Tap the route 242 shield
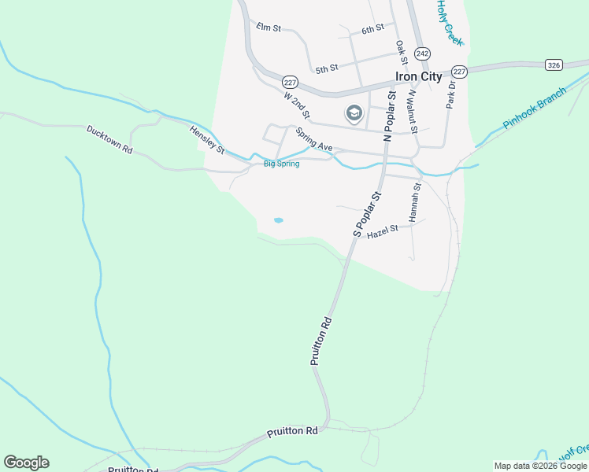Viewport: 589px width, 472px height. (x=423, y=53)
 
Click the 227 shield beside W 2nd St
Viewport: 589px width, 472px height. (x=290, y=82)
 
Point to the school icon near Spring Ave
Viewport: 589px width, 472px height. (x=354, y=114)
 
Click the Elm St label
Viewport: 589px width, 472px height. (x=269, y=28)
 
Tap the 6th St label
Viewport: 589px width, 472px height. (x=372, y=29)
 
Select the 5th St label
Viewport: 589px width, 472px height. (x=326, y=69)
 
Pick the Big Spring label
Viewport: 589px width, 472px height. (x=281, y=164)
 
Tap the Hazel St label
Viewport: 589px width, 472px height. (x=383, y=231)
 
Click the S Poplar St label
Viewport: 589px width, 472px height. (x=367, y=213)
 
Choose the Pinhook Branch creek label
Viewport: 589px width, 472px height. (x=534, y=109)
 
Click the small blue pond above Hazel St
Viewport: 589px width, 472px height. (x=278, y=220)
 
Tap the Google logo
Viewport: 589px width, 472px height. (x=26, y=463)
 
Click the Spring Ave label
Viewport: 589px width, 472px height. (x=315, y=142)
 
